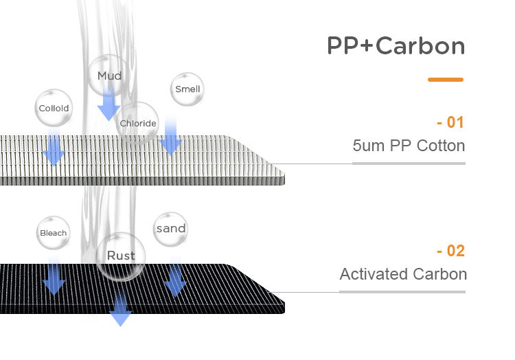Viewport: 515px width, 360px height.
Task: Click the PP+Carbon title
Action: [x=396, y=45]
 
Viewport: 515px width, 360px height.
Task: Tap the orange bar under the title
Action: [x=445, y=80]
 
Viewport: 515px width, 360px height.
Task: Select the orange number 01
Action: [x=450, y=123]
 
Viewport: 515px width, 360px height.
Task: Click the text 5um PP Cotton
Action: [x=409, y=146]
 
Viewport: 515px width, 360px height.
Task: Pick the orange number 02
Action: [x=450, y=251]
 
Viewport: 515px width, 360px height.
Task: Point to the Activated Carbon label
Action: [x=403, y=274]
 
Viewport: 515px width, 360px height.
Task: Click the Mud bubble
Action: [x=109, y=76]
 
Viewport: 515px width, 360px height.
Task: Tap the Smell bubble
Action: [x=187, y=89]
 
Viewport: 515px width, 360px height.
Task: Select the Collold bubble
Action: [x=54, y=109]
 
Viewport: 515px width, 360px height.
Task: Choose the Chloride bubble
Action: [x=138, y=124]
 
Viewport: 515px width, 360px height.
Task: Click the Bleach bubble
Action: [x=53, y=233]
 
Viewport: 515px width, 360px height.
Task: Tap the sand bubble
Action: [x=171, y=229]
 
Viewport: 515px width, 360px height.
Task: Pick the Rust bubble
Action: [x=121, y=256]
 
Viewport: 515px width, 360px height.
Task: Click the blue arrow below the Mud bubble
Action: [x=108, y=106]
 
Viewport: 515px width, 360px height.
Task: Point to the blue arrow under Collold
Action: [x=54, y=148]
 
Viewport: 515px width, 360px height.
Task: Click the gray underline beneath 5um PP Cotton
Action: [x=409, y=163]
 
